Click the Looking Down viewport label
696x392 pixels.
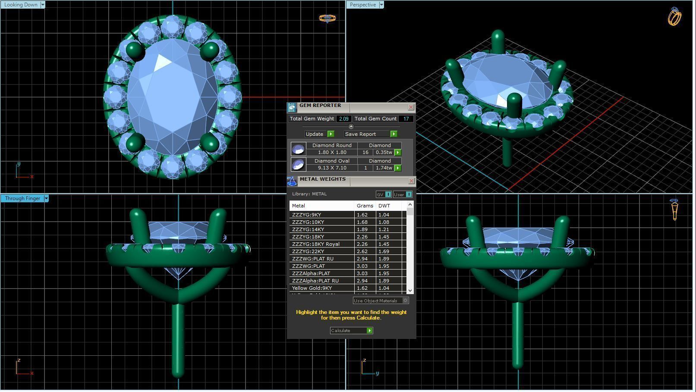click(20, 5)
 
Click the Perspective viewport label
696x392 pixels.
click(362, 5)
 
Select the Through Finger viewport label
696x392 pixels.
click(22, 198)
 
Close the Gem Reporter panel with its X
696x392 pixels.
click(411, 107)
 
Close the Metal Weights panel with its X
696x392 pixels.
click(411, 181)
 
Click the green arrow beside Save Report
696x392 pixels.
click(394, 134)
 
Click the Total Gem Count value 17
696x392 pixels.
click(406, 119)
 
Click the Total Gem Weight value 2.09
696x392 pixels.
click(343, 119)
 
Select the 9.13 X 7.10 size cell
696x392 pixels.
click(332, 168)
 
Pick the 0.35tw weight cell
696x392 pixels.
click(383, 152)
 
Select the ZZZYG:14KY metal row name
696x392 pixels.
click(308, 229)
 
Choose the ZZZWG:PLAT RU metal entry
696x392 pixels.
click(312, 259)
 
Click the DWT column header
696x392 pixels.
click(384, 206)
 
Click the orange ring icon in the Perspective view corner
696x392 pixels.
click(674, 17)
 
